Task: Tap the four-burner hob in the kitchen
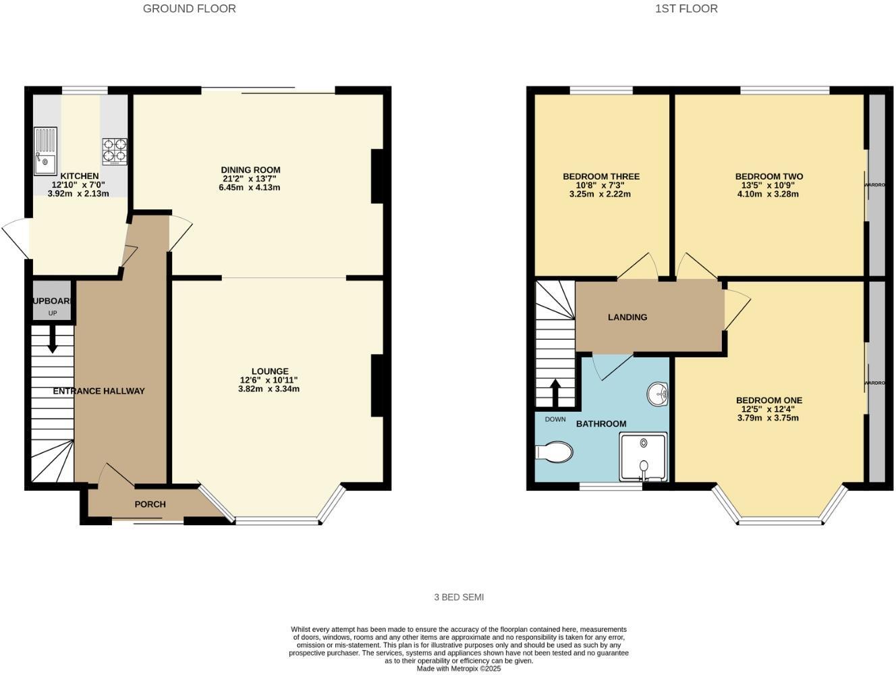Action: point(115,152)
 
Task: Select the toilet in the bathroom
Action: point(554,452)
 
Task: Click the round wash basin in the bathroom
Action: point(656,394)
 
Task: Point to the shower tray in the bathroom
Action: point(643,456)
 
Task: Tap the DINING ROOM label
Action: point(250,169)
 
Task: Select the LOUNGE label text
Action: point(270,371)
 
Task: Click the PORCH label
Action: point(150,504)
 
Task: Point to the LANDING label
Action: point(627,317)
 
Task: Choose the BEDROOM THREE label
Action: point(601,177)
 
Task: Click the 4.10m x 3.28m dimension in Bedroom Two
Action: point(769,194)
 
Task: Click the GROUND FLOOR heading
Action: point(190,9)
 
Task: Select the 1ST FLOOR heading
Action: point(686,9)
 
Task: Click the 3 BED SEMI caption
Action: point(459,597)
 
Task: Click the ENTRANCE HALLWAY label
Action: point(99,391)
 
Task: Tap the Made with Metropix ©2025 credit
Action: point(459,669)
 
